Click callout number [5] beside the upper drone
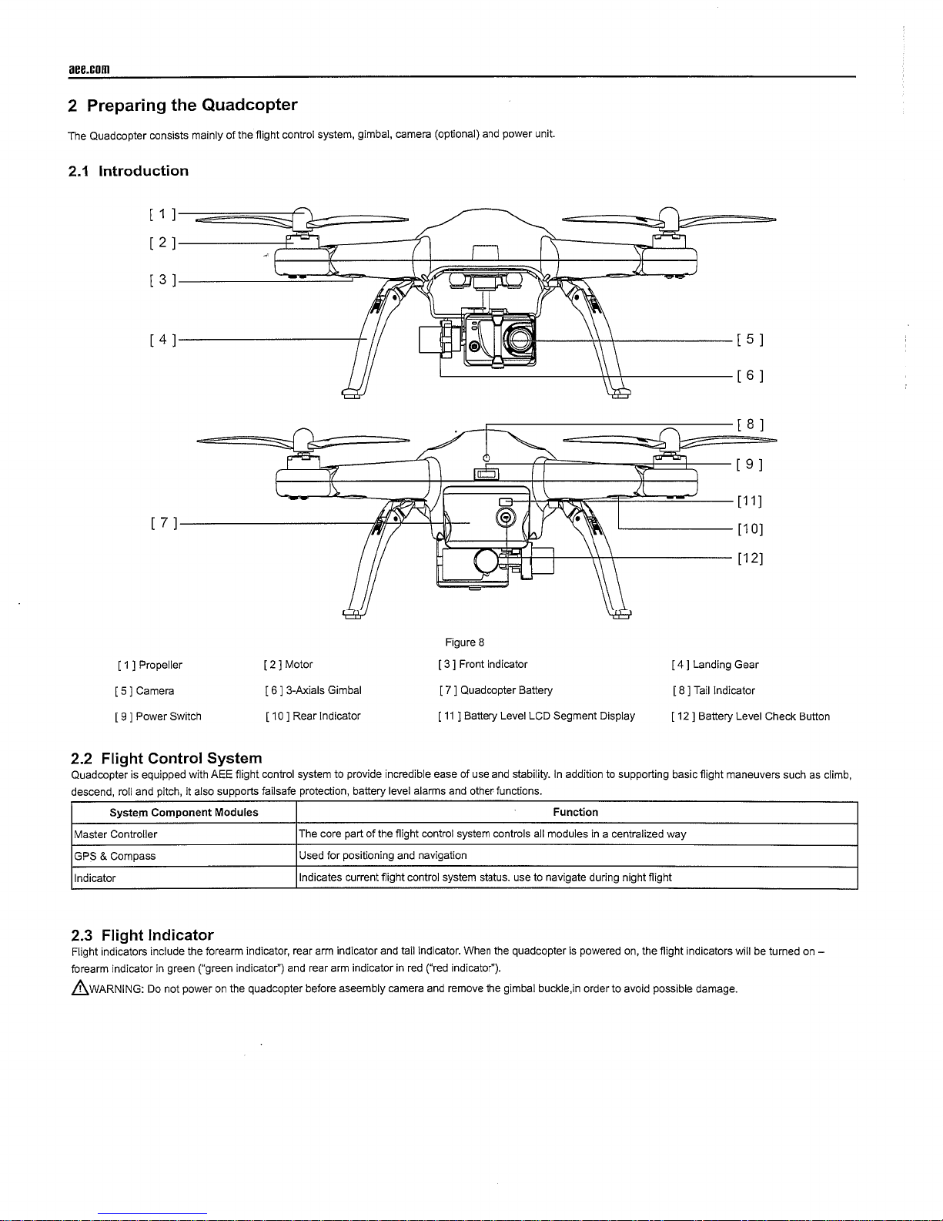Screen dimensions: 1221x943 pyautogui.click(x=750, y=340)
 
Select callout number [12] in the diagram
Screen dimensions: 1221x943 pyautogui.click(x=750, y=558)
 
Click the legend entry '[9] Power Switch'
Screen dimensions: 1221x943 pyautogui.click(x=157, y=716)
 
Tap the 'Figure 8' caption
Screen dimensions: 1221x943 pyautogui.click(x=464, y=642)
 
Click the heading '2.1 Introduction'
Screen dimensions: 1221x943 pyautogui.click(x=128, y=171)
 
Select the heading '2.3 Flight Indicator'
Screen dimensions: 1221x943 pyautogui.click(x=142, y=935)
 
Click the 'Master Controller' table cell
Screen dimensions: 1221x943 pyautogui.click(x=115, y=834)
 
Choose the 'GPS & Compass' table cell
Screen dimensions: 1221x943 pyautogui.click(x=115, y=856)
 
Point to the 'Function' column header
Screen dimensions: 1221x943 pyautogui.click(x=575, y=812)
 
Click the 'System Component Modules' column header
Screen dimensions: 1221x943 pyautogui.click(x=184, y=813)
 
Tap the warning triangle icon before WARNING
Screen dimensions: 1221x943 pyautogui.click(x=75, y=988)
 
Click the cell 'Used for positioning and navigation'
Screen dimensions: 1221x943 pyautogui.click(x=383, y=856)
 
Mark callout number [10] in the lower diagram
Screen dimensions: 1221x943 pyautogui.click(x=750, y=529)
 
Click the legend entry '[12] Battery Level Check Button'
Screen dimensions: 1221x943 pyautogui.click(x=751, y=716)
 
